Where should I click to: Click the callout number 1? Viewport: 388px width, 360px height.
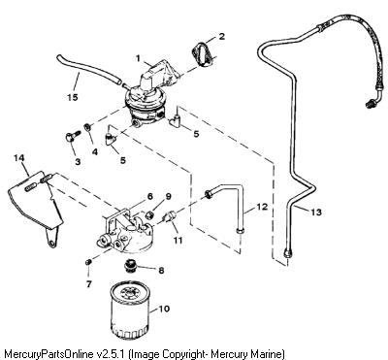[x=138, y=58]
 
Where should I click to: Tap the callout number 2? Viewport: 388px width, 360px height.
[x=222, y=36]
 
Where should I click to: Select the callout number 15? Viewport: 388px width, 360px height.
[x=73, y=97]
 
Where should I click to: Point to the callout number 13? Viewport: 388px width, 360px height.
[x=316, y=213]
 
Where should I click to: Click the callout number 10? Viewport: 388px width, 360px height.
[x=164, y=309]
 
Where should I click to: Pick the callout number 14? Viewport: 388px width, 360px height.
[x=19, y=158]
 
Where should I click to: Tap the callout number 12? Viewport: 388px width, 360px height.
[x=262, y=207]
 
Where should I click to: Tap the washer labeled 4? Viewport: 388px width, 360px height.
[x=87, y=127]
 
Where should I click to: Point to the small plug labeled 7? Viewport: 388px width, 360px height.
[x=87, y=262]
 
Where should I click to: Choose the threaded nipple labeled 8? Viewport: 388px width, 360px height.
[x=130, y=266]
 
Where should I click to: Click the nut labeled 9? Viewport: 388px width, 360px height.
[x=149, y=214]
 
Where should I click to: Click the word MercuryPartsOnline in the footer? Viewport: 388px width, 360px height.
[x=48, y=353]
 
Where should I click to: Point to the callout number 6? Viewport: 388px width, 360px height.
[x=149, y=196]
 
